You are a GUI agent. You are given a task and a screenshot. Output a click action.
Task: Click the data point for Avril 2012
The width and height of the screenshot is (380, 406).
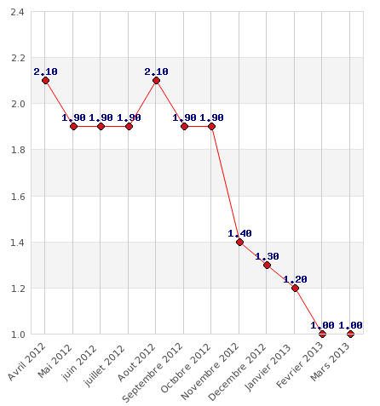[45, 81]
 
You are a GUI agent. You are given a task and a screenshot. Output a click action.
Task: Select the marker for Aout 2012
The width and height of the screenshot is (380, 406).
[156, 81]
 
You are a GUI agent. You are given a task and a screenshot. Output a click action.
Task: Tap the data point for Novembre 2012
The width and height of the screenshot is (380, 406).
[239, 242]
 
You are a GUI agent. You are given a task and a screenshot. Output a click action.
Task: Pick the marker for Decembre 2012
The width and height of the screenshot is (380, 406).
[267, 265]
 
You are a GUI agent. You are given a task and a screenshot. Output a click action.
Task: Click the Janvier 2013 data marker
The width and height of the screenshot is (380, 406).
[295, 288]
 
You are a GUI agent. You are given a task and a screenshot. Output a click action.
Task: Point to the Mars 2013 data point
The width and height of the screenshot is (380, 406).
[350, 334]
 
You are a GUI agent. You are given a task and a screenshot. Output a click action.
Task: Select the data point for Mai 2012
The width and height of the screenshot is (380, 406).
[73, 126]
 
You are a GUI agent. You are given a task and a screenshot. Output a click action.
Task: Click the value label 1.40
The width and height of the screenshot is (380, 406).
[239, 233]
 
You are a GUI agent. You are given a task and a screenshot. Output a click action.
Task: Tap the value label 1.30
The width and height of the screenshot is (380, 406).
[267, 256]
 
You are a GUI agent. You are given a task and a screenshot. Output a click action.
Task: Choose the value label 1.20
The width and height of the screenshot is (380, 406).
[295, 279]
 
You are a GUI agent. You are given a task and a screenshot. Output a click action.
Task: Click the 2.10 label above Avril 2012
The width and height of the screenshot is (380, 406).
[45, 71]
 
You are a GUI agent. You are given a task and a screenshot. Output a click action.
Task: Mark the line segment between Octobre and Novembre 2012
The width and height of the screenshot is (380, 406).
[226, 184]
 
